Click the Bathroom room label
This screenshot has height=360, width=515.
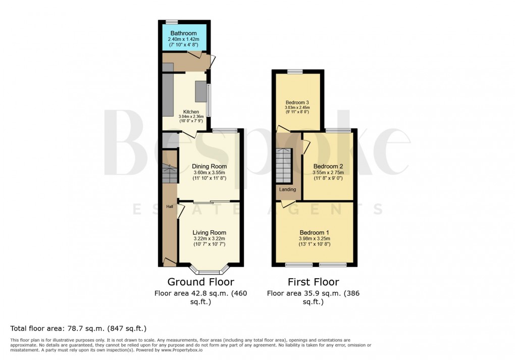pyautogui.click(x=183, y=33)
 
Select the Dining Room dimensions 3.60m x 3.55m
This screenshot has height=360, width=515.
pyautogui.click(x=210, y=172)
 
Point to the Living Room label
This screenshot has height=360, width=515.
pyautogui.click(x=209, y=233)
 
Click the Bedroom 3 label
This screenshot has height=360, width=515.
pyautogui.click(x=297, y=101)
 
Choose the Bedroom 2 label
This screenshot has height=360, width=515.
pyautogui.click(x=328, y=166)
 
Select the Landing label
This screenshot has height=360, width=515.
pyautogui.click(x=287, y=190)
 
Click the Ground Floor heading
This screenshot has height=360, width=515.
pyautogui.click(x=200, y=282)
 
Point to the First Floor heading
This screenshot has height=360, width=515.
pyautogui.click(x=313, y=282)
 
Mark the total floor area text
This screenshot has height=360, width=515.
pyautogui.click(x=78, y=328)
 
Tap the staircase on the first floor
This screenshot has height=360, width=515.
pyautogui.click(x=284, y=166)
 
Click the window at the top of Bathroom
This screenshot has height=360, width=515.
pyautogui.click(x=172, y=22)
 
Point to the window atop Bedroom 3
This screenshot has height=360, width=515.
pyautogui.click(x=295, y=71)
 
